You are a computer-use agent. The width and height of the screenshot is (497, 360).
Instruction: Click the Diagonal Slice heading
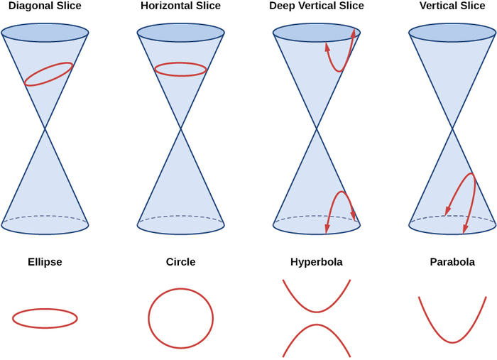tap(45, 6)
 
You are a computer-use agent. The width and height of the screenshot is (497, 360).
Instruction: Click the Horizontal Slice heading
tap(180, 6)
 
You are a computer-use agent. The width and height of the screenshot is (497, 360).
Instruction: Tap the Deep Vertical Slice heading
tap(317, 6)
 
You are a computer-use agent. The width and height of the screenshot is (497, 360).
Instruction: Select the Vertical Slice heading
tap(452, 6)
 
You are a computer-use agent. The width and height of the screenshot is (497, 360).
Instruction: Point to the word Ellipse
tap(45, 262)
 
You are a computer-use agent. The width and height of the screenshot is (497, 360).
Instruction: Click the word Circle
tap(180, 262)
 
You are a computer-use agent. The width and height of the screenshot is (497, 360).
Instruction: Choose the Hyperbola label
tap(317, 262)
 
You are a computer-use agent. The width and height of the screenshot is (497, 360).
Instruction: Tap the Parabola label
tap(452, 262)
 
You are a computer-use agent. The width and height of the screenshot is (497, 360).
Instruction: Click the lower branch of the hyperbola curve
tap(317, 325)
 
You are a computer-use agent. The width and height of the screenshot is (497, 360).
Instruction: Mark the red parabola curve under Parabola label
tap(452, 342)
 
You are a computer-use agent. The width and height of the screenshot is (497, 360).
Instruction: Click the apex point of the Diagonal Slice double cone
tap(45, 128)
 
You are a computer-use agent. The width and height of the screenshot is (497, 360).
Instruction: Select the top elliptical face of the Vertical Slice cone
tap(452, 33)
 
